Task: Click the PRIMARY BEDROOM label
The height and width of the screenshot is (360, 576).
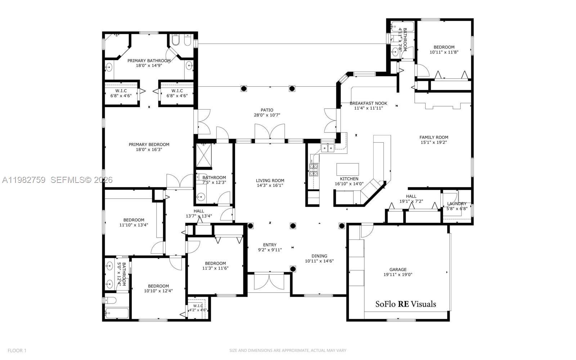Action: click(x=149, y=144)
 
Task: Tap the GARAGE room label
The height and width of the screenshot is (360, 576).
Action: click(x=398, y=269)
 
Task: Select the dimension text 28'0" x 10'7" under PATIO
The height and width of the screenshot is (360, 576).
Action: click(x=267, y=115)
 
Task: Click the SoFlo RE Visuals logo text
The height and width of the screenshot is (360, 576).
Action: click(x=406, y=304)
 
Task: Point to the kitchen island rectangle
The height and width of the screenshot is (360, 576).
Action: click(x=347, y=169)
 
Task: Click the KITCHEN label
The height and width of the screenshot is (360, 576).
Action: click(x=349, y=179)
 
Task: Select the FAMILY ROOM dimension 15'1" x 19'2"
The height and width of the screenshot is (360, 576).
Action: click(x=434, y=142)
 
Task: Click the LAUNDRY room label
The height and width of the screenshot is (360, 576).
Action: click(x=456, y=203)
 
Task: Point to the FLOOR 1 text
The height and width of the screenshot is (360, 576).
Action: click(x=17, y=350)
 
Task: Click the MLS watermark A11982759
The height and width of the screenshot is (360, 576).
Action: click(x=24, y=180)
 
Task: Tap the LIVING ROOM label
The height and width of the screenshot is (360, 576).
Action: click(x=270, y=180)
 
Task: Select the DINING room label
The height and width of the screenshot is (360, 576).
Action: click(x=319, y=256)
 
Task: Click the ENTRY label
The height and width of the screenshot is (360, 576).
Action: click(x=270, y=245)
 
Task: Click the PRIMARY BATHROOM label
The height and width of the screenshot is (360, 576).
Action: click(x=149, y=60)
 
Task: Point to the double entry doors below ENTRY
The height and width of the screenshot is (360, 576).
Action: click(x=269, y=282)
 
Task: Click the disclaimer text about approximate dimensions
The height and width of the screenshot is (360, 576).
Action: click(x=288, y=350)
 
